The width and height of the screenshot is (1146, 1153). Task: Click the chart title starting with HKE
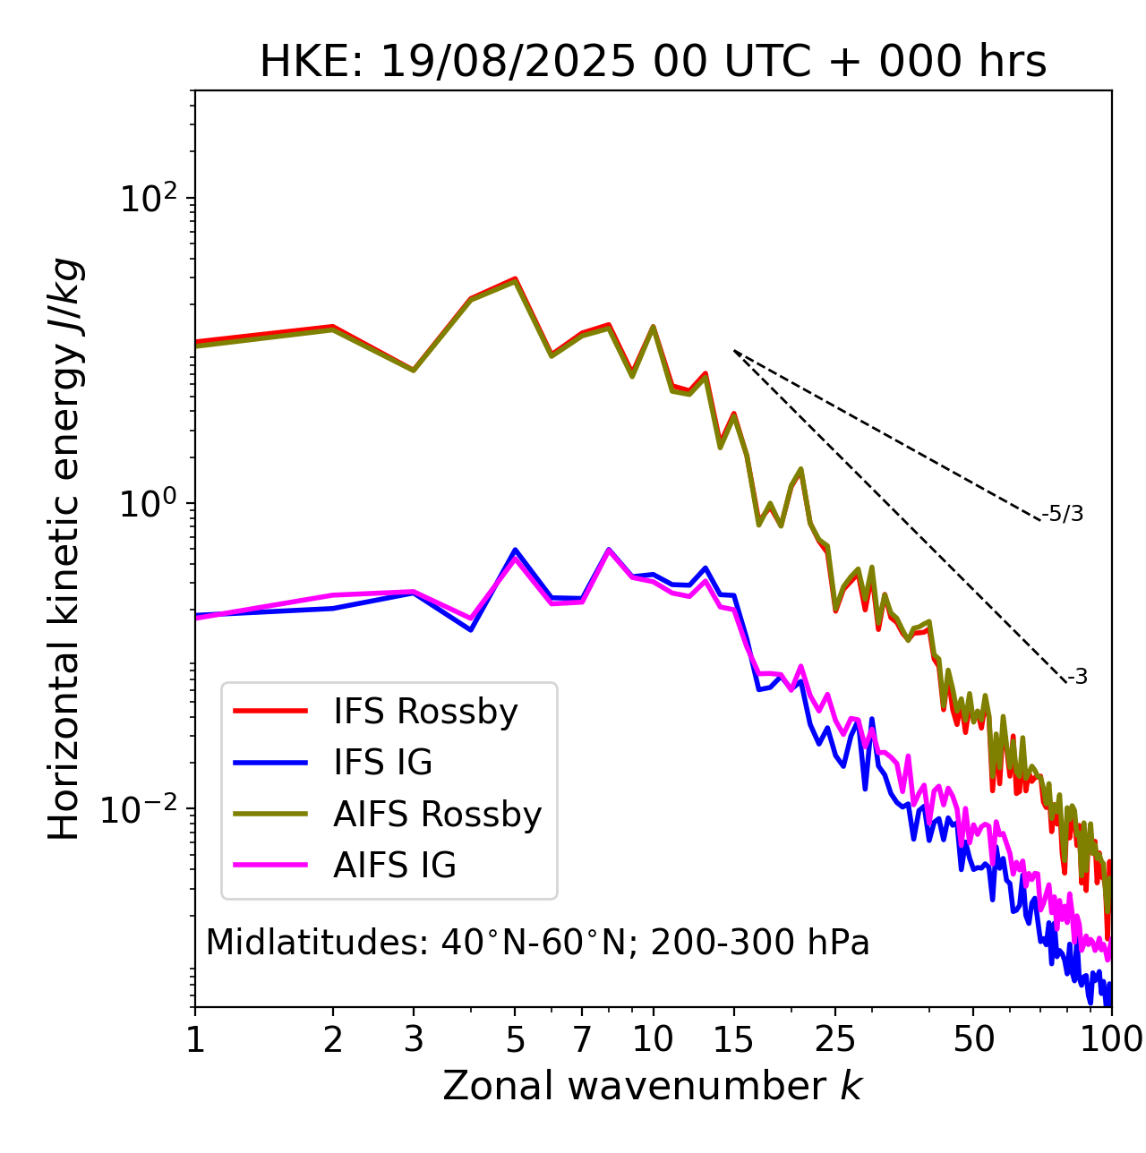[x=653, y=63]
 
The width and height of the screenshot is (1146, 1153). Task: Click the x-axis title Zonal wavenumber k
[x=652, y=1086]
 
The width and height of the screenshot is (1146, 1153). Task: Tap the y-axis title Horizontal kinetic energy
[x=64, y=549]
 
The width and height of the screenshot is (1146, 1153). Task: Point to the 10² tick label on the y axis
[x=149, y=199]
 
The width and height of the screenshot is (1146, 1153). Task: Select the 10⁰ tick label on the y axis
[x=149, y=504]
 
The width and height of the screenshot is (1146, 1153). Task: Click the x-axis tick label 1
[x=195, y=1039]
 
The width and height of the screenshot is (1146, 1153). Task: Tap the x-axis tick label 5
[x=515, y=1039]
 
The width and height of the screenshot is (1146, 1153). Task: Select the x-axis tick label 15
[x=733, y=1039]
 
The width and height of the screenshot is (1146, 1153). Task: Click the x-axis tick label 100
[x=1110, y=1039]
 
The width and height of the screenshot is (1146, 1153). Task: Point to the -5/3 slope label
[x=1063, y=514]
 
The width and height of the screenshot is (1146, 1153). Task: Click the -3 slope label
[x=1077, y=677]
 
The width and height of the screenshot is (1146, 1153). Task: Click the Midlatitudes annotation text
[x=537, y=943]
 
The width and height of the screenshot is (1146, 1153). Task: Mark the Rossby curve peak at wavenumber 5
[x=515, y=279]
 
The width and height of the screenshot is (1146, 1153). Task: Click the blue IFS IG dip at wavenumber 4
[x=470, y=630]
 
